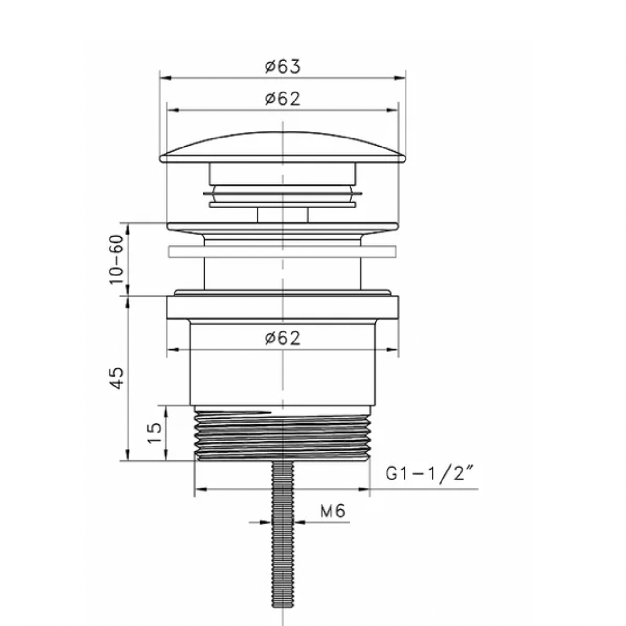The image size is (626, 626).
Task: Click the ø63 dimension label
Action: point(283,66)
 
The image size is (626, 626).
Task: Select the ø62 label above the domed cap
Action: point(283,99)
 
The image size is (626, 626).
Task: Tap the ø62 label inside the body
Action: point(283,339)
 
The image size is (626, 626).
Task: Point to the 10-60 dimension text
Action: point(116,259)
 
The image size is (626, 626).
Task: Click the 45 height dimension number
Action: point(116,378)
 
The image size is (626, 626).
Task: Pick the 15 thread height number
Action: point(155,433)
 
